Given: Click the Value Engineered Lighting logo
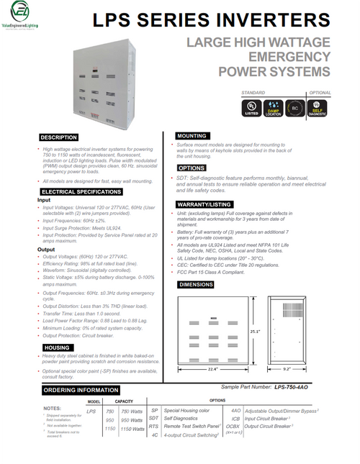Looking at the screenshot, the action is click(22, 16).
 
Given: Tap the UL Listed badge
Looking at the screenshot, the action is click(252, 106).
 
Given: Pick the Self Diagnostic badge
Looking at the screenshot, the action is click(318, 106).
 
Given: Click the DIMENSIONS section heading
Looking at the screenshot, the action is click(198, 285).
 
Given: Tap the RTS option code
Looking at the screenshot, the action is click(153, 427).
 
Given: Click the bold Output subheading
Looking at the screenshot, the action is click(46, 249).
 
